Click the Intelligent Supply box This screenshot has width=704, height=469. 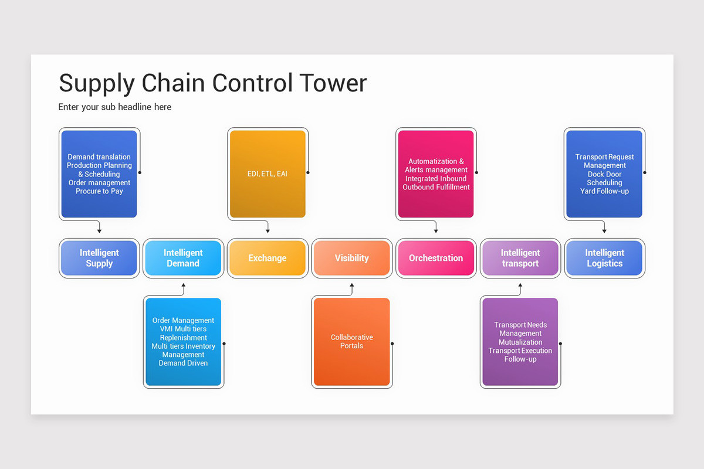99,258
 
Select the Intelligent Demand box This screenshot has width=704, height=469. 183,258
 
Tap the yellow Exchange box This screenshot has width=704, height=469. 268,258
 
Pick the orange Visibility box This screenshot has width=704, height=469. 351,258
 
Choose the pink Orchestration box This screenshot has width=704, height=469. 436,258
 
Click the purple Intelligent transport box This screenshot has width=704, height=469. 520,258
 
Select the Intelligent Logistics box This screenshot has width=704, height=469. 604,258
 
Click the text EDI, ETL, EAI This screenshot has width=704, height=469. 268,174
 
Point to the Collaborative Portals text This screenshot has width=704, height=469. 351,341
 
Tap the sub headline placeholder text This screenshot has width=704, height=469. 115,107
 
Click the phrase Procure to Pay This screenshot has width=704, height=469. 99,191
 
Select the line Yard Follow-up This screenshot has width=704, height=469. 604,191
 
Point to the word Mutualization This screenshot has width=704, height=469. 520,342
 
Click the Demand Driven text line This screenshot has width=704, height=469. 183,363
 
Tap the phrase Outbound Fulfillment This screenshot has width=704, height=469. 436,187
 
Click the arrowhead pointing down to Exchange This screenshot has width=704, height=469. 268,231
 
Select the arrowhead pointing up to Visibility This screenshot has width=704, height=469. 352,286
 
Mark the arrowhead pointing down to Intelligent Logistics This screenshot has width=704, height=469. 604,231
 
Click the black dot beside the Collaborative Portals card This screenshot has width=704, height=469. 392,344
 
